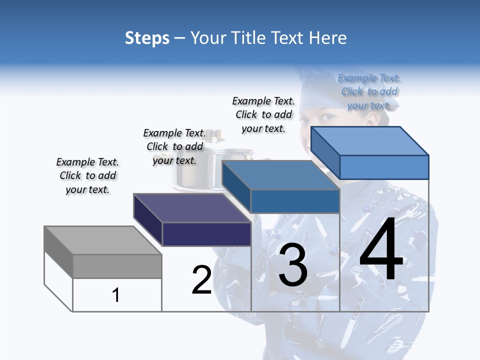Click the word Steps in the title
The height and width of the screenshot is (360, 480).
(146, 38)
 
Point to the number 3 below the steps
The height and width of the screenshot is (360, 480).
(293, 264)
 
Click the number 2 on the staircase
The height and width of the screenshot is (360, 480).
(201, 280)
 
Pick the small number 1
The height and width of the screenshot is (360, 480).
(115, 295)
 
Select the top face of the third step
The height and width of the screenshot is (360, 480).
(280, 175)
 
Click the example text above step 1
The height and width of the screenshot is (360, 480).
(87, 175)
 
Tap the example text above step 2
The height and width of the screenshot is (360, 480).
(174, 146)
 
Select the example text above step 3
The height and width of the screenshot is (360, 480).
(263, 114)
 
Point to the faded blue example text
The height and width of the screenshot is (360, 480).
(369, 91)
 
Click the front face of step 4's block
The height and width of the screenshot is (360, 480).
(384, 167)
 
